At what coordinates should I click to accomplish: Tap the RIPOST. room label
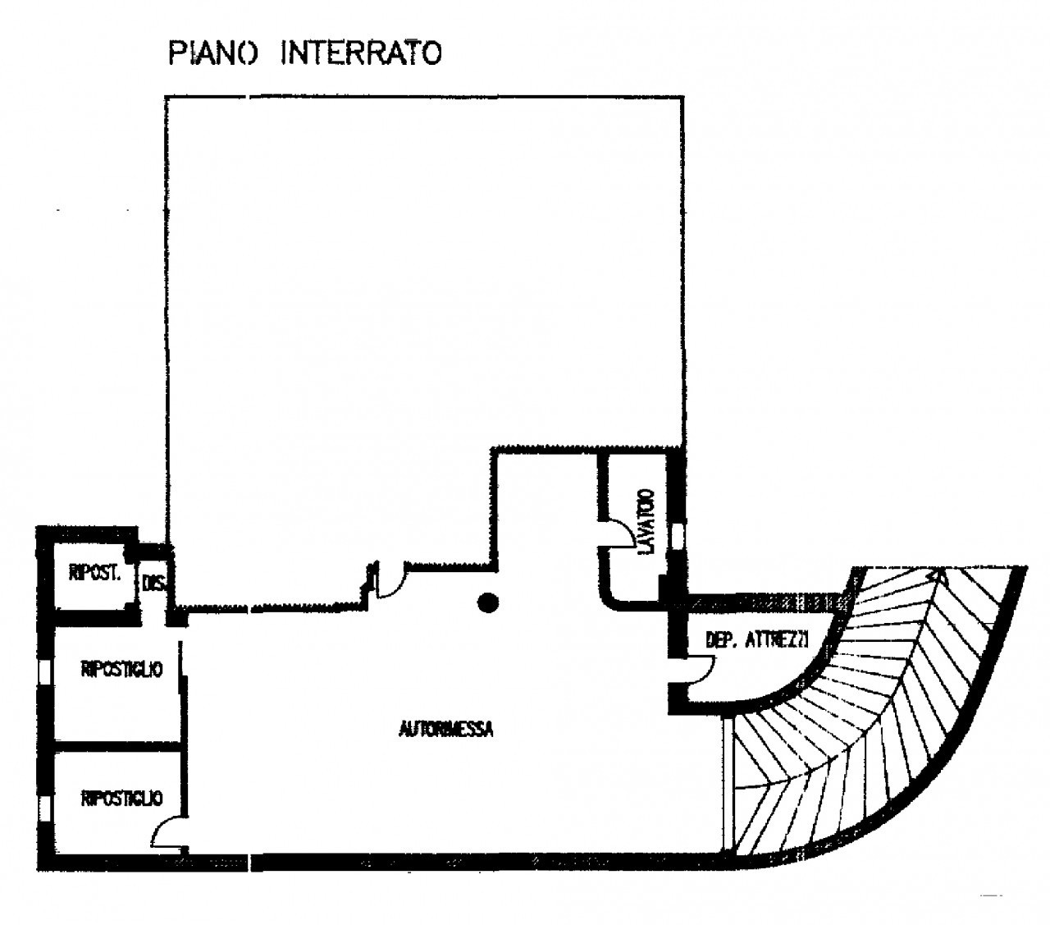94,574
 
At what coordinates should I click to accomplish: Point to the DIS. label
153,584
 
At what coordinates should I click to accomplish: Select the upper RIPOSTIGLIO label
121,670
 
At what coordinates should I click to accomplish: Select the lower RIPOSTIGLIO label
121,798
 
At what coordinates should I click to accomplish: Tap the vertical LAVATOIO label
647,520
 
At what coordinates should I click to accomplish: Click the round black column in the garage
488,604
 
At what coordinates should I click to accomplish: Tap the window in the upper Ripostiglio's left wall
43,671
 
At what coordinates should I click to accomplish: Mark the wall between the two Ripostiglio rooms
115,746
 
